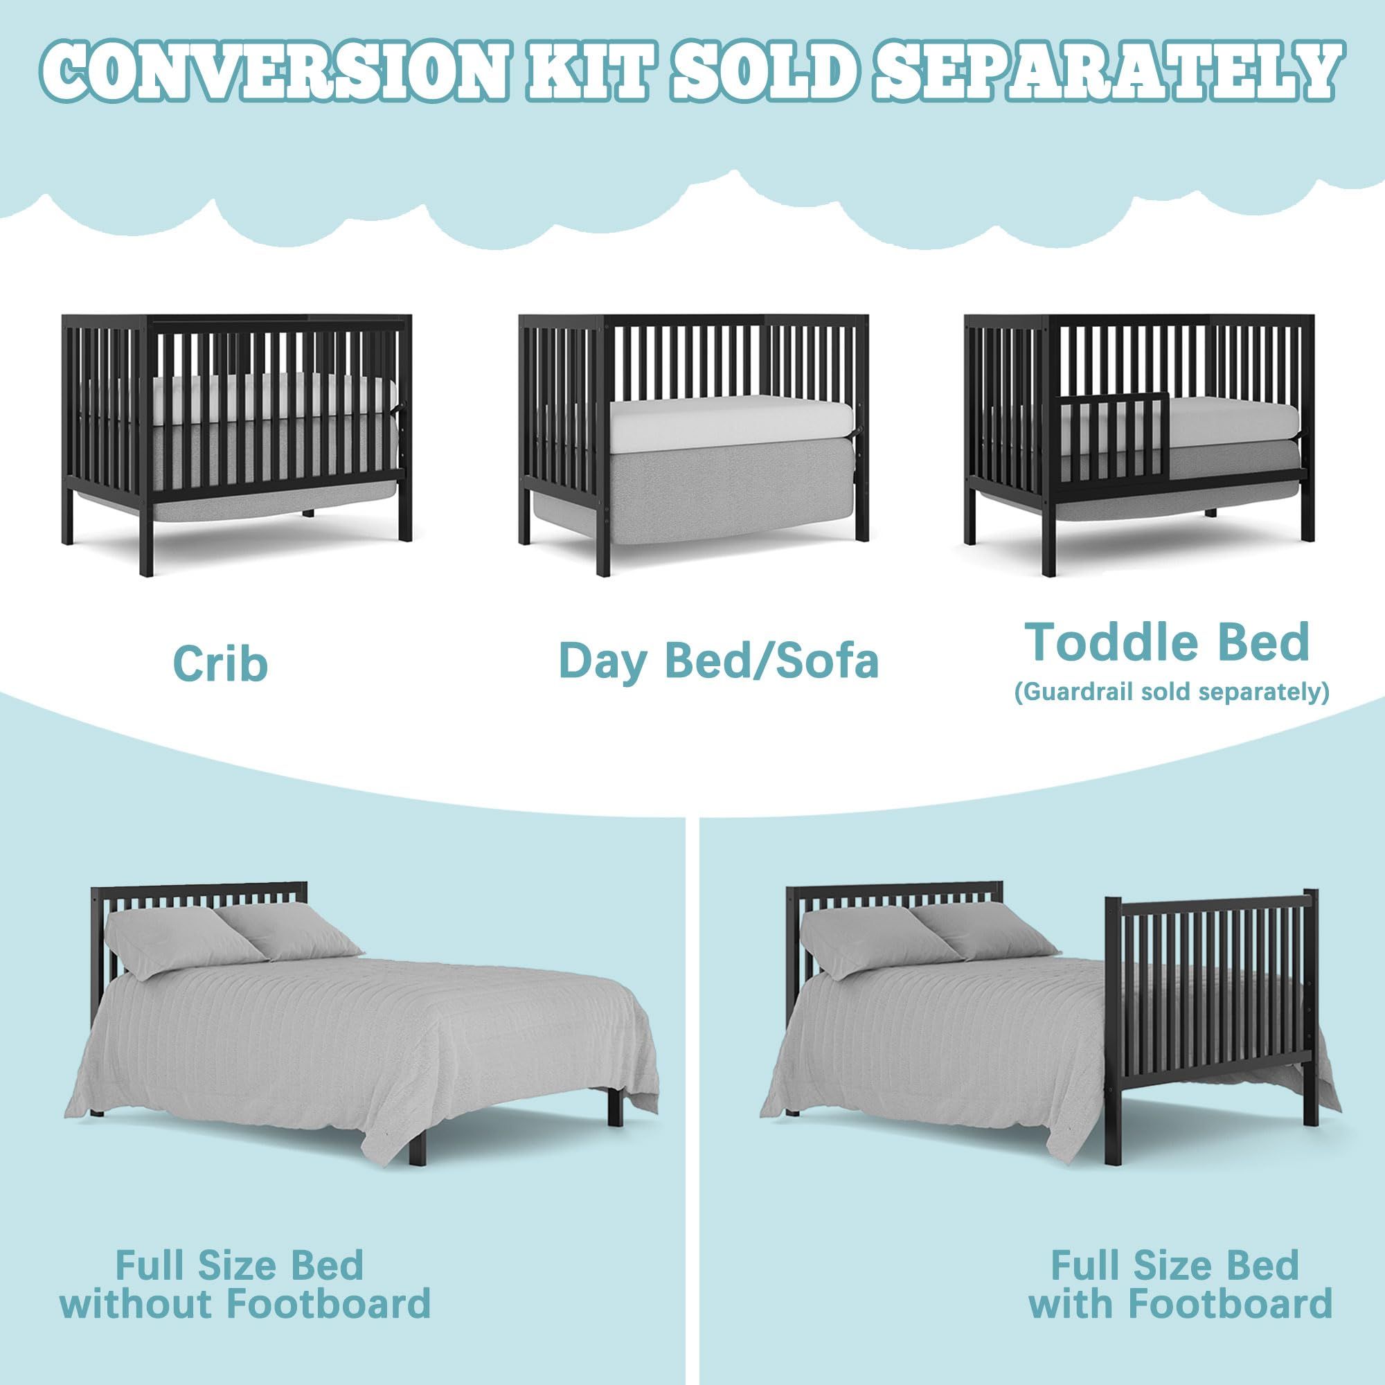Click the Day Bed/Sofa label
pos(718,660)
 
